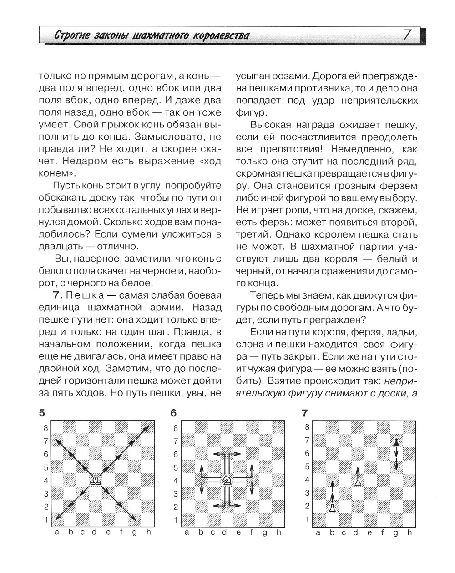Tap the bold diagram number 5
coord(42,413)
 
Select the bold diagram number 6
coord(173,413)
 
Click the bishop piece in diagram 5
coord(96,480)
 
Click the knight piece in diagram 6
coord(227,480)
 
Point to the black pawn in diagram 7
coord(397,441)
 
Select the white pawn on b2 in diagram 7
coord(333,507)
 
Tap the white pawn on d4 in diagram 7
coord(359,481)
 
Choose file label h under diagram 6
coord(279,532)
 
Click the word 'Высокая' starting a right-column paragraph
coord(270,125)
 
